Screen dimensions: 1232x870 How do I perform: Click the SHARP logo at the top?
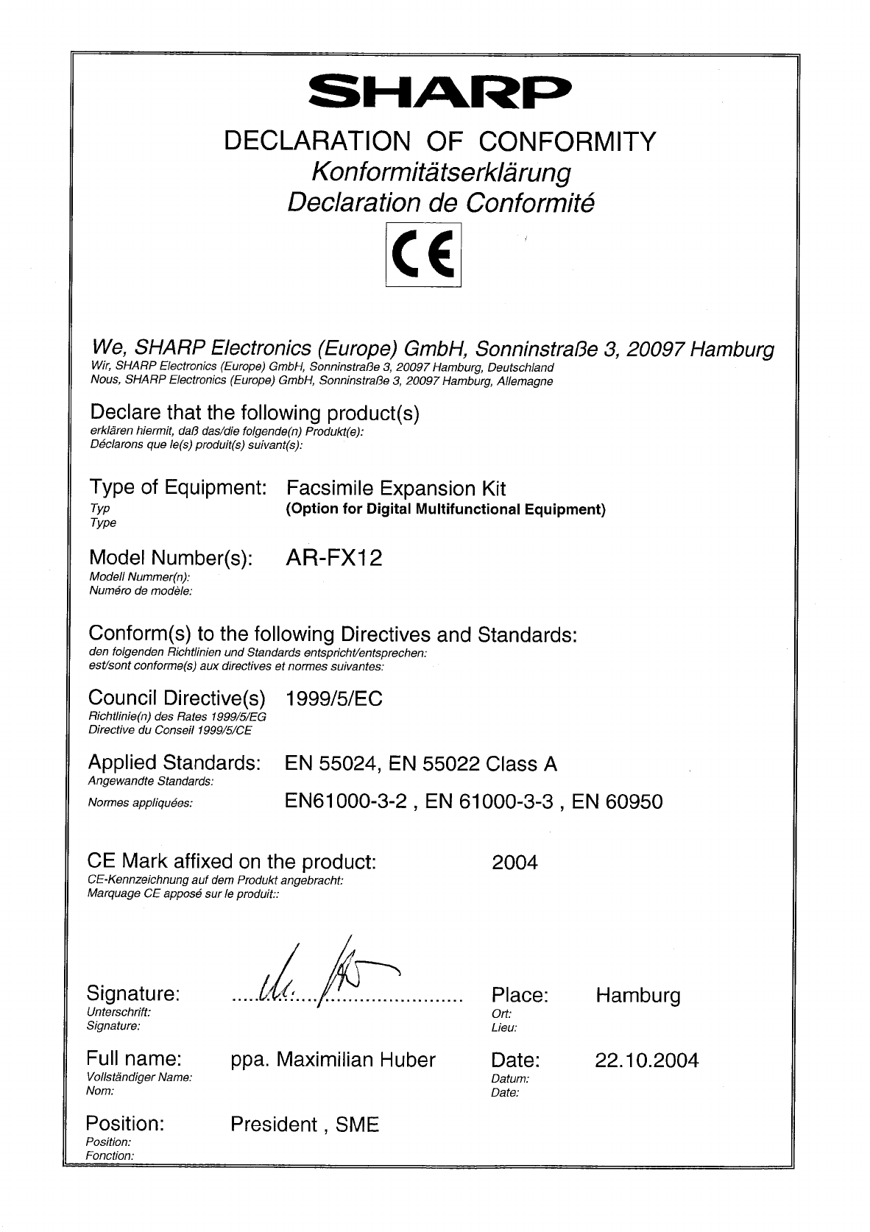tap(439, 93)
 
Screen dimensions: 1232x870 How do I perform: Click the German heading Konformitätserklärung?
tap(441, 172)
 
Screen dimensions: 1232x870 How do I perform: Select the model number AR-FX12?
tap(333, 558)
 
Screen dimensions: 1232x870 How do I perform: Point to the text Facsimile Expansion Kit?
tap(395, 489)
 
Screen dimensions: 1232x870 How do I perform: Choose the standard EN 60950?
tap(617, 801)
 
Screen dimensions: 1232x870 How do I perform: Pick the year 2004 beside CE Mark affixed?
tap(514, 862)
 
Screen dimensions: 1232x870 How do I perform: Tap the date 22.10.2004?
tap(646, 1061)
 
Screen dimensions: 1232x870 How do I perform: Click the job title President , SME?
tap(305, 1125)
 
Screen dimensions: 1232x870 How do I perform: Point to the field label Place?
tap(520, 996)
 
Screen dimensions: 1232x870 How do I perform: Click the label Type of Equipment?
tap(177, 487)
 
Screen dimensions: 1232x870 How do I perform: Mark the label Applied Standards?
tap(174, 762)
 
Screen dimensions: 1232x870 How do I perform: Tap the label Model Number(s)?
tap(170, 558)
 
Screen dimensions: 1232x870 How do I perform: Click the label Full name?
tap(134, 1059)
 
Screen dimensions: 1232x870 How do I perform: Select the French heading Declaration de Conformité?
tap(441, 202)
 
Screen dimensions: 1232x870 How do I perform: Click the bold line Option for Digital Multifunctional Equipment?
tap(445, 509)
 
